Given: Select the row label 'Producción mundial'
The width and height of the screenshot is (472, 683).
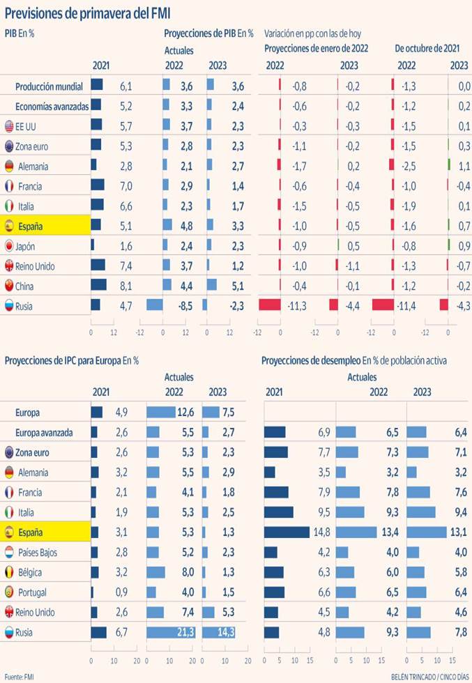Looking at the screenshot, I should pyautogui.click(x=50, y=86).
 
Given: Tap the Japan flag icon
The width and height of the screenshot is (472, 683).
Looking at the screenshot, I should pyautogui.click(x=9, y=246).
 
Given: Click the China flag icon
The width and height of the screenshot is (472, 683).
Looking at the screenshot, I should pyautogui.click(x=9, y=286).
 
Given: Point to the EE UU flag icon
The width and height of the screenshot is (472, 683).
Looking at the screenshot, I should pyautogui.click(x=9, y=127).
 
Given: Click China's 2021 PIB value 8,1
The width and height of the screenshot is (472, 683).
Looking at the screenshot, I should pyautogui.click(x=126, y=286).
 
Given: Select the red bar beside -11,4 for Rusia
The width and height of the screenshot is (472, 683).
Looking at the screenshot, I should pyautogui.click(x=383, y=305).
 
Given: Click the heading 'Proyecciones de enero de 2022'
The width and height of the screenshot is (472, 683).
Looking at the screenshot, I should pyautogui.click(x=316, y=49).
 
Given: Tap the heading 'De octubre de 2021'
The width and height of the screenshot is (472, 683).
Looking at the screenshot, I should pyautogui.click(x=427, y=49).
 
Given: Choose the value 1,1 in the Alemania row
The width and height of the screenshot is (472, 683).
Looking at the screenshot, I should pyautogui.click(x=462, y=166).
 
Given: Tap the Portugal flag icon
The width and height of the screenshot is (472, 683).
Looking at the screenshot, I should pyautogui.click(x=9, y=592).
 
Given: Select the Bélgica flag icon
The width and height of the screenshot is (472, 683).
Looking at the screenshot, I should pyautogui.click(x=9, y=572).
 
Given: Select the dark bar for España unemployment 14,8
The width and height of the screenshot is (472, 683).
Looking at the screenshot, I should pyautogui.click(x=287, y=532).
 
